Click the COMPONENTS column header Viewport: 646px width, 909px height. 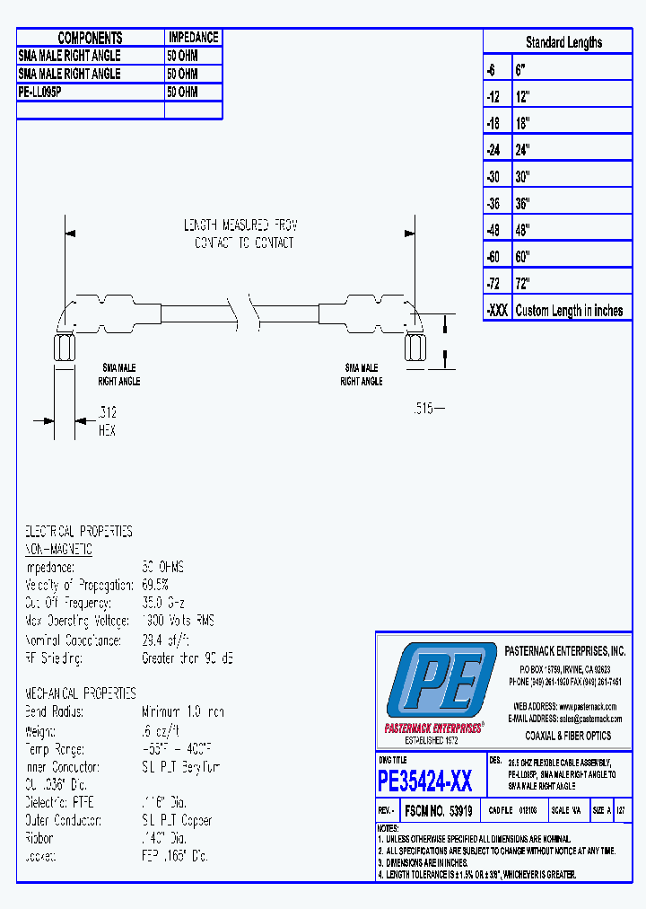coord(90,38)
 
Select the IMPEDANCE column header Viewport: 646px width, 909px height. coord(193,38)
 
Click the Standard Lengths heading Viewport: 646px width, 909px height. coord(563,42)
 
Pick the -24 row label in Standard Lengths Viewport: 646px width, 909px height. coord(494,150)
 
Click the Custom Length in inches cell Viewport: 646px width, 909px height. coord(569,311)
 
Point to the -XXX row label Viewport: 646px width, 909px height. coord(496,311)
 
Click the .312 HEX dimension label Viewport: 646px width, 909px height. coord(107,422)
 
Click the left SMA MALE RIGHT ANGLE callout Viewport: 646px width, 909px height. coord(119,375)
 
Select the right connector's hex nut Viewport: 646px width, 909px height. coord(415,347)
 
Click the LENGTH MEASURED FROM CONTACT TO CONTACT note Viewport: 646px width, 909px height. coord(241,234)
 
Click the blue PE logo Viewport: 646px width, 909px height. coord(440,681)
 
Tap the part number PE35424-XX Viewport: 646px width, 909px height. coord(425,781)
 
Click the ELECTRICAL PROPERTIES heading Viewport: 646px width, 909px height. coord(78,532)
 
